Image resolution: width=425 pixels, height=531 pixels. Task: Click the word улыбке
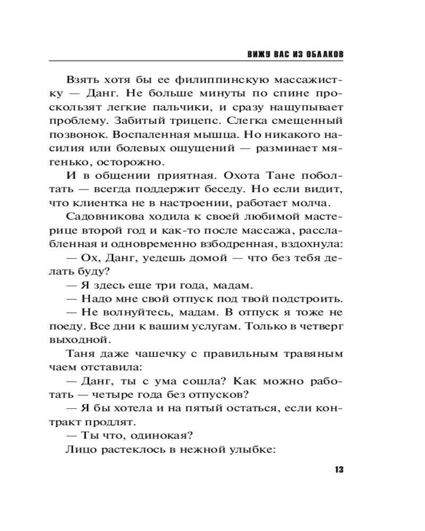coord(253,449)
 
